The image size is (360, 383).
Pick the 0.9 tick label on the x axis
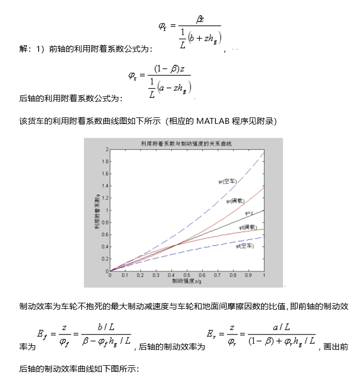coord(248,275)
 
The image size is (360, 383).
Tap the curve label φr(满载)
coord(236,201)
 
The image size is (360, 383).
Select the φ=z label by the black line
coord(249,213)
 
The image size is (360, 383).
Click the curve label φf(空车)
coord(244,246)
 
